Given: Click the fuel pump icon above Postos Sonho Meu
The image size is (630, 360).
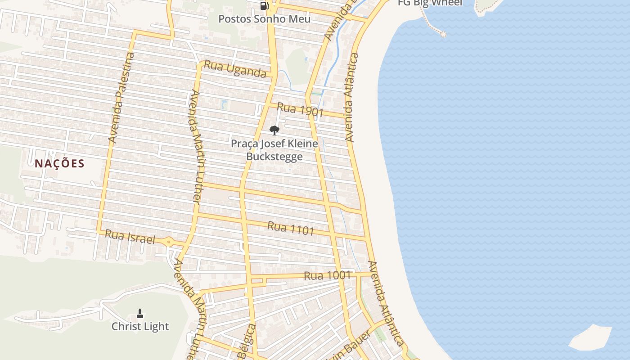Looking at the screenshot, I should coord(265,6).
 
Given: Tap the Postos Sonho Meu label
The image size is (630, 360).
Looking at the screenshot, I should coord(265,19).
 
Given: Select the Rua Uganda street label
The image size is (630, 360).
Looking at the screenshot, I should coord(235,69).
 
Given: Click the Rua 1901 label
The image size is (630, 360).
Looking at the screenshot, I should coord(300,109).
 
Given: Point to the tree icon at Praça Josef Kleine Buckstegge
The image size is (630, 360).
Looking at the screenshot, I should coord(274,131).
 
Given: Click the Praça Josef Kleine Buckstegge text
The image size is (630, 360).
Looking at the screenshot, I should coord(274,150).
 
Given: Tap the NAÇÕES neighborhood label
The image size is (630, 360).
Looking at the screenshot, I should coord(59,163).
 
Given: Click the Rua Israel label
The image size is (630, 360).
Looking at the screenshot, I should coord(130,236).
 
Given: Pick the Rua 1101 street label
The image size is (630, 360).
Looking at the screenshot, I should coord(290,228).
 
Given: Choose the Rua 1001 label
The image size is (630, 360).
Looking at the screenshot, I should coord(327,275).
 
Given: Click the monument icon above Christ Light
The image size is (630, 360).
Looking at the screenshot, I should coord(140,314).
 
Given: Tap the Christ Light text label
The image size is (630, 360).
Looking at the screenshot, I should coord(140,327).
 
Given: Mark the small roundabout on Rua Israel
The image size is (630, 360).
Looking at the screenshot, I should coord(169,242).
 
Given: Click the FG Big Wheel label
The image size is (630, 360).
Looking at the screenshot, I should coord(430,3).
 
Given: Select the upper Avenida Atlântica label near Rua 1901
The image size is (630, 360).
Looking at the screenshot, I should coord(351,97).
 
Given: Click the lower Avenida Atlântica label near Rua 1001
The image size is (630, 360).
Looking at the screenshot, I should coord(385,303).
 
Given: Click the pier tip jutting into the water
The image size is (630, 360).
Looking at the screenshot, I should coord(443,34).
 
